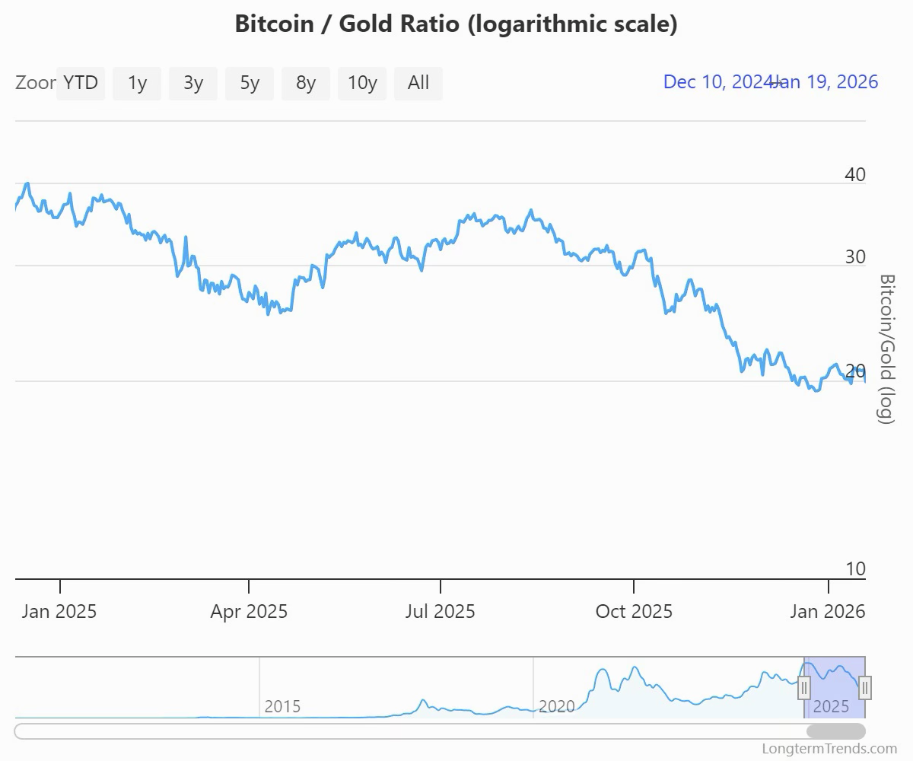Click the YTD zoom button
81,83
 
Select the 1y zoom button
137,83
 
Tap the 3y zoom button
193,83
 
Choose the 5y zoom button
250,83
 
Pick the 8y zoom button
306,83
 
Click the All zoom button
418,83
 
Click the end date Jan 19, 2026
829,82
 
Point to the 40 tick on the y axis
855,175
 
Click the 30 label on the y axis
855,257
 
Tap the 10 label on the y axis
855,569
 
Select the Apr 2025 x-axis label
249,611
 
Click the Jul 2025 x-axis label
440,611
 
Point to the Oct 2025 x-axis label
634,611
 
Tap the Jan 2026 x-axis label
828,611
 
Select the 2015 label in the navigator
282,706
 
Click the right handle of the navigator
865,687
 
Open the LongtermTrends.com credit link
829,750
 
